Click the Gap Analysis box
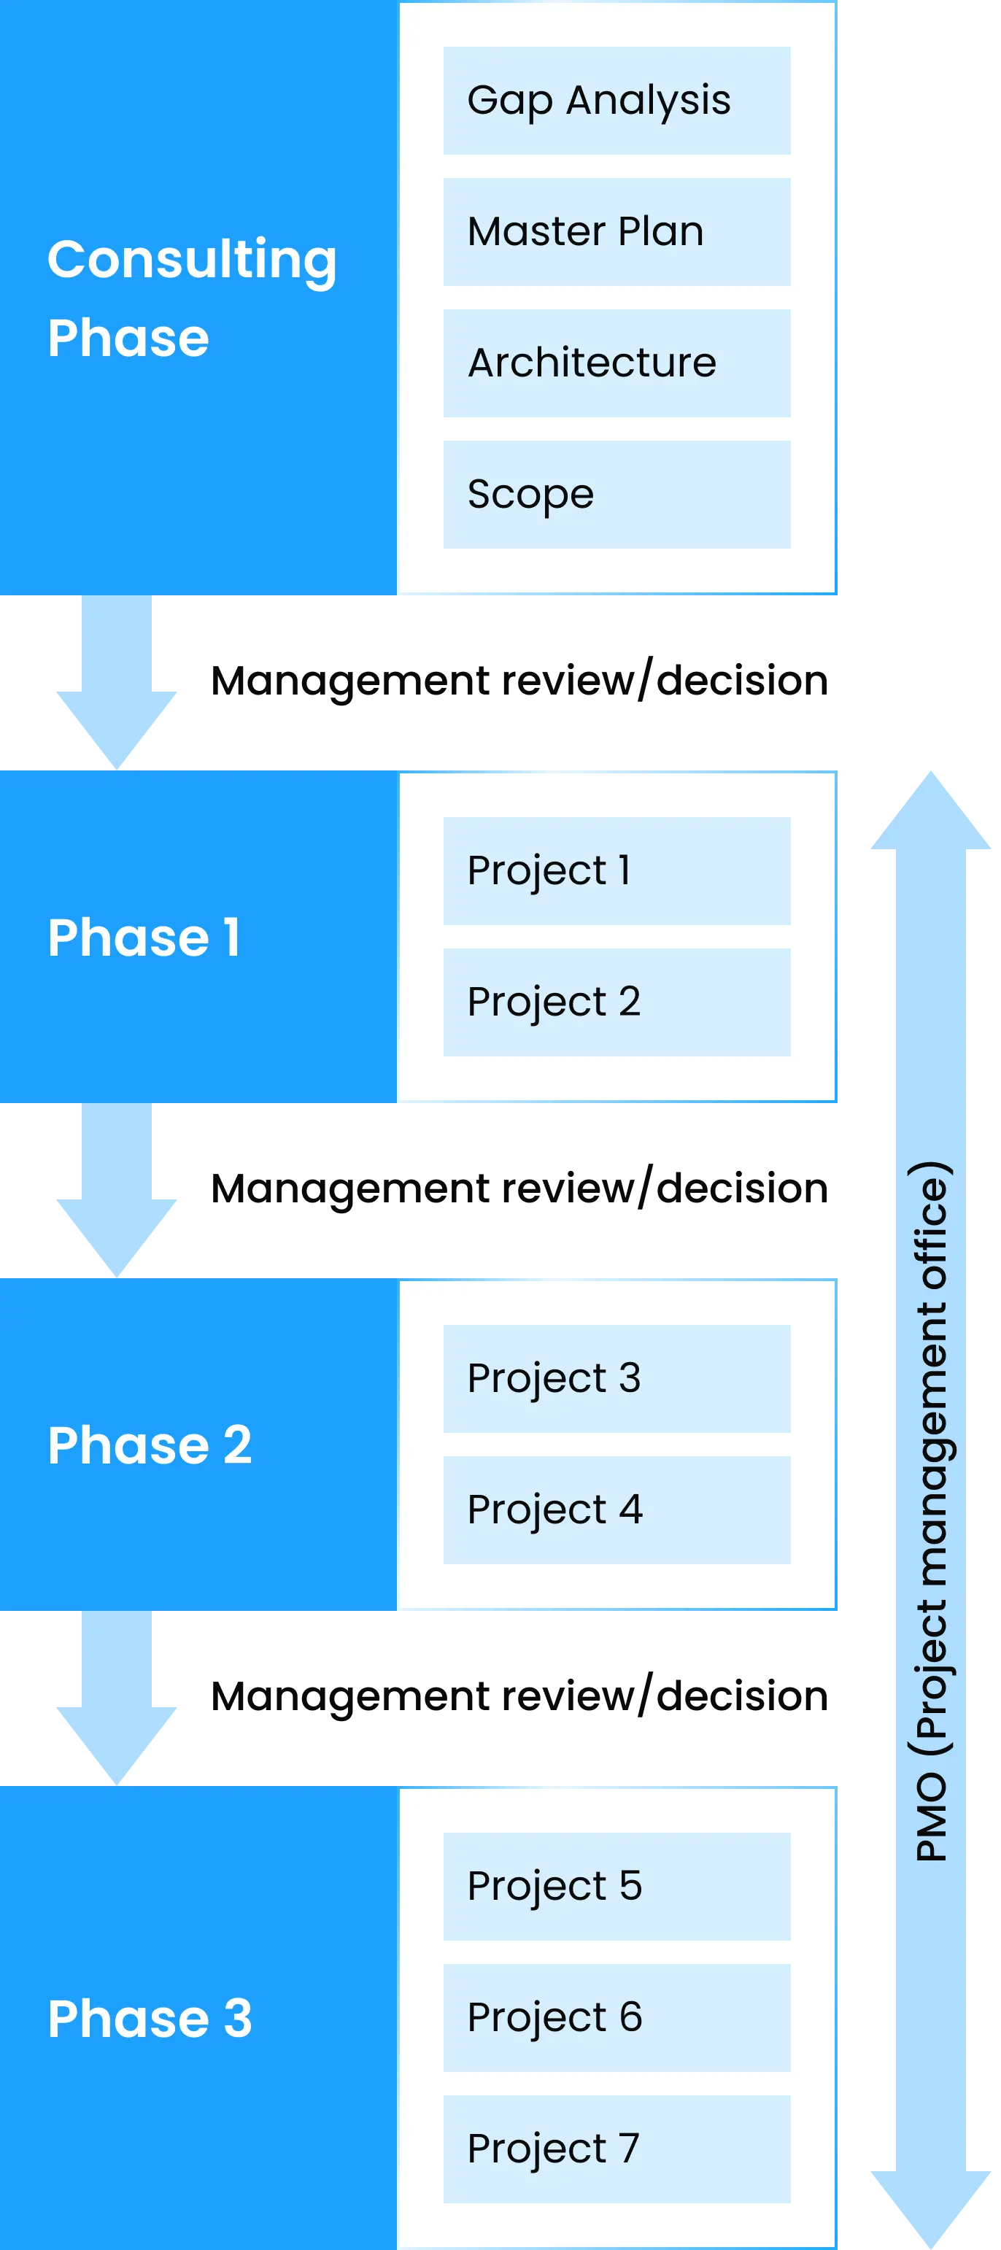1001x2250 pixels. pos(617,101)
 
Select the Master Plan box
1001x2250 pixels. pos(617,232)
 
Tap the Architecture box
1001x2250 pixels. pos(617,363)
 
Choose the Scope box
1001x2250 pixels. pos(617,495)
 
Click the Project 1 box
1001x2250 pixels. pos(617,871)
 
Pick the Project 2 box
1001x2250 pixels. pos(617,1002)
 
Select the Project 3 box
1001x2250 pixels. pos(617,1378)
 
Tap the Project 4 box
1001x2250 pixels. pos(617,1509)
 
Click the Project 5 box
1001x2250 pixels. pos(617,1886)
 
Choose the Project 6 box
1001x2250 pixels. pos(617,2017)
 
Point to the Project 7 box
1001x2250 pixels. pos(617,2148)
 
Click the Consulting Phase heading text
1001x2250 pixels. pos(192,298)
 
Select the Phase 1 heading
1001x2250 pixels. pos(144,937)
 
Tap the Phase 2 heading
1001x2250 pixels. pos(150,1445)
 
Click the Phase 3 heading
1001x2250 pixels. pos(150,2019)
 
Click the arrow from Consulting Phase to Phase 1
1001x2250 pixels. pos(116,681)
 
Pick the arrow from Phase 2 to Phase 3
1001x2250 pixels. pos(116,1696)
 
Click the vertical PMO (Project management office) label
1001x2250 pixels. pos(931,1511)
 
